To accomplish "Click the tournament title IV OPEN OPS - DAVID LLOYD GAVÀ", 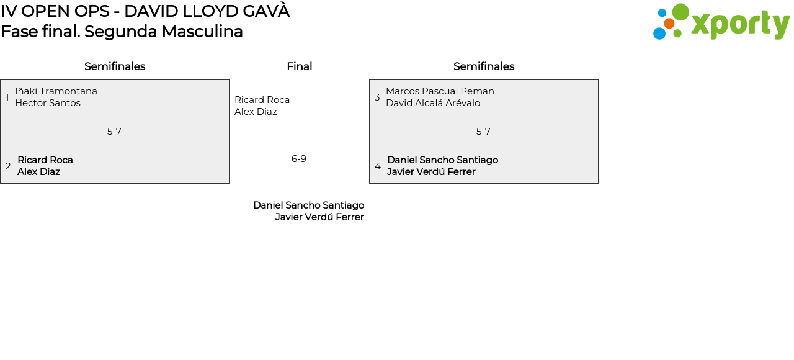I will pos(145,11).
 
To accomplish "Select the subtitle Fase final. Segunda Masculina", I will pos(122,32).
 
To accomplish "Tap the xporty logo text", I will pos(740,25).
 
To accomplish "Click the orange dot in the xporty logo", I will pos(669,24).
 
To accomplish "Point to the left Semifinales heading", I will pos(115,66).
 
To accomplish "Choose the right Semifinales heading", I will pos(484,66).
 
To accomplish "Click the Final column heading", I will pos(299,66).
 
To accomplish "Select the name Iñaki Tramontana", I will pos(56,91).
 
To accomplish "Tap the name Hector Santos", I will pos(48,103).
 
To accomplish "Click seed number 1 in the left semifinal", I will pos(7,97).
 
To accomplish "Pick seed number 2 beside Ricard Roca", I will pos(8,166).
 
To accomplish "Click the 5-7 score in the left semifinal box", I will pos(114,132).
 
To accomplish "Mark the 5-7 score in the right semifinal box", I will pos(483,132).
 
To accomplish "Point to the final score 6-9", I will pos(299,159).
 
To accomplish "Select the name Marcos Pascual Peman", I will pos(440,91).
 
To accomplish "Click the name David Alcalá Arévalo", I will pos(433,103).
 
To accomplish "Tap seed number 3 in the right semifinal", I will pos(377,97).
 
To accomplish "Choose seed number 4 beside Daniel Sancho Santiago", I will pos(378,166).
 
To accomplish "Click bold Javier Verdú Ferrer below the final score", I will pos(319,217).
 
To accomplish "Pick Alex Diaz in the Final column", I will pos(256,112).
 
